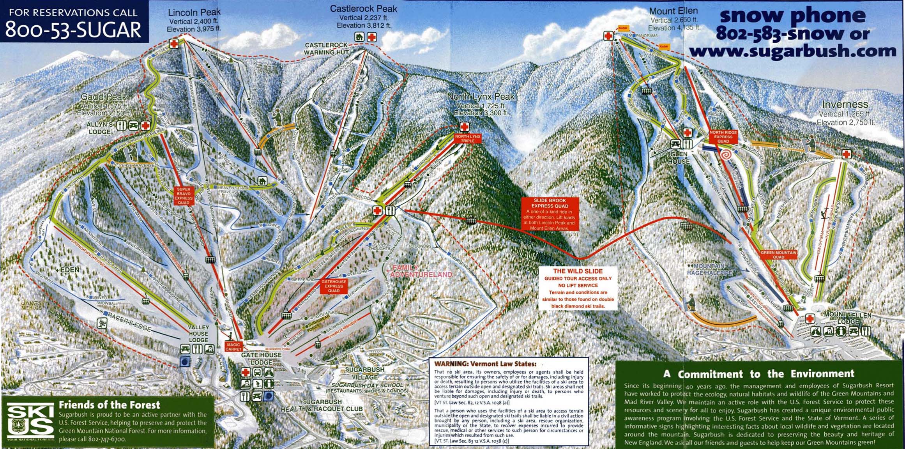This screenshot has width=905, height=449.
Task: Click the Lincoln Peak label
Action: pos(194,12)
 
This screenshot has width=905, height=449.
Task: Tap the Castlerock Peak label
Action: pos(363,9)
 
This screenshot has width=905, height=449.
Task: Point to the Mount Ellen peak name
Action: pos(673,11)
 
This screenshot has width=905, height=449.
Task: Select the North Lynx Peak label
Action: pos(481,97)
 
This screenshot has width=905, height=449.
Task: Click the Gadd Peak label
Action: pos(103,97)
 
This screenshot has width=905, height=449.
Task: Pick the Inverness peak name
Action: pos(845,104)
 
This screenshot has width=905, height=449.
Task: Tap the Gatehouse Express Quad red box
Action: pos(334,286)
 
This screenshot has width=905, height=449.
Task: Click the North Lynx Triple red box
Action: pos(468,138)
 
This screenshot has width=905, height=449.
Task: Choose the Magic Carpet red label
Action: pos(233,347)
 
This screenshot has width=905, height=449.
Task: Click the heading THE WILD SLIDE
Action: pos(578,271)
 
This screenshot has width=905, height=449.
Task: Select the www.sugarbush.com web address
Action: pos(792,51)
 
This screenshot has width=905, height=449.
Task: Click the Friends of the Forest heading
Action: pos(109,405)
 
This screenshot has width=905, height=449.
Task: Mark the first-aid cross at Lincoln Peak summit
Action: pos(174,44)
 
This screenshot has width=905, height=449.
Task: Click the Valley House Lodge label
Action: pos(198,334)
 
